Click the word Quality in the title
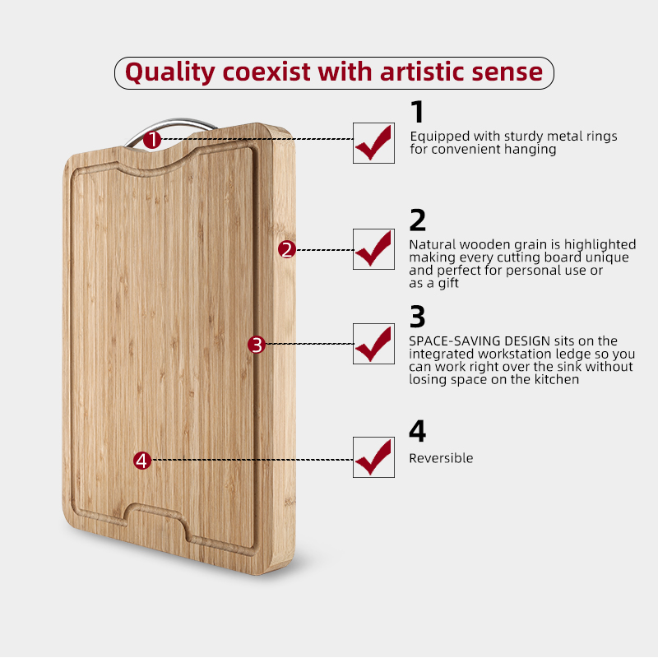point(170,72)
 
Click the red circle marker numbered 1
point(152,139)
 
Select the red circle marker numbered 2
point(287,249)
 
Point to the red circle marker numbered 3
point(257,345)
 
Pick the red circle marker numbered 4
point(142,461)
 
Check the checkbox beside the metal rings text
point(373,143)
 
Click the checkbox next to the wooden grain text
point(373,249)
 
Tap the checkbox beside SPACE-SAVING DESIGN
point(373,344)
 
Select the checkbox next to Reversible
point(373,457)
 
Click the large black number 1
point(418,112)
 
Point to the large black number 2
point(418,220)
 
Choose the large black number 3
point(418,317)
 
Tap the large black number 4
point(418,430)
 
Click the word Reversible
point(441,458)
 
